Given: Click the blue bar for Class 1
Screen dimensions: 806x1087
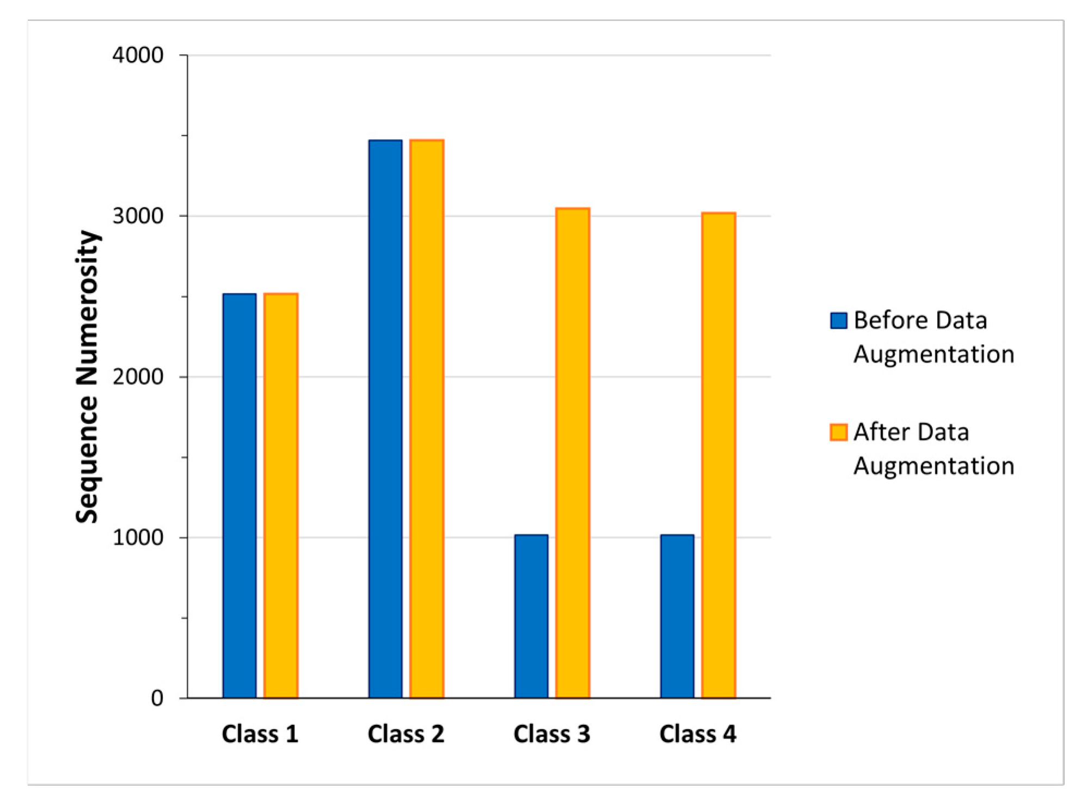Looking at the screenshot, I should (x=239, y=496).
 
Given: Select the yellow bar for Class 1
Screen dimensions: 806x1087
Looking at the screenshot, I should (x=280, y=496).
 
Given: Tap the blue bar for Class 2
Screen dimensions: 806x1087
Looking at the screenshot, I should (x=385, y=419).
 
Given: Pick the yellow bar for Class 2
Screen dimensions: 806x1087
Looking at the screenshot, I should (x=426, y=419).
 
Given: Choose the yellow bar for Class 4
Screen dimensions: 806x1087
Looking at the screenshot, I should (x=718, y=455).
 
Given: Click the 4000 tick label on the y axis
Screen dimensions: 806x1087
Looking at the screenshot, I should (x=138, y=55).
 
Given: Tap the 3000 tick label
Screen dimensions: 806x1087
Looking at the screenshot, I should (x=138, y=216).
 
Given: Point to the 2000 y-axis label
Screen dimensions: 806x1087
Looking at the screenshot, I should (x=138, y=377).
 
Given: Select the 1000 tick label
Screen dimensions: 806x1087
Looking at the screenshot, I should (x=138, y=538).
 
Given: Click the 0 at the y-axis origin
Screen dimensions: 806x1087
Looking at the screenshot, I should (x=157, y=698).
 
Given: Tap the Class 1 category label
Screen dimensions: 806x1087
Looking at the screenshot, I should (x=260, y=734).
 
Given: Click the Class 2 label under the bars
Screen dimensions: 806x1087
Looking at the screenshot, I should (x=406, y=734).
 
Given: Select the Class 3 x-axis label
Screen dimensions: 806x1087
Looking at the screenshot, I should (x=551, y=734).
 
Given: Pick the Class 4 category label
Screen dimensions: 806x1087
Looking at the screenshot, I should (x=697, y=734).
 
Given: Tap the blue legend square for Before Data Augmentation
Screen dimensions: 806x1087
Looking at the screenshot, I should (x=838, y=321).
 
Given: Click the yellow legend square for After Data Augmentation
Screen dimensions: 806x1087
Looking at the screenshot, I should (x=838, y=432).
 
